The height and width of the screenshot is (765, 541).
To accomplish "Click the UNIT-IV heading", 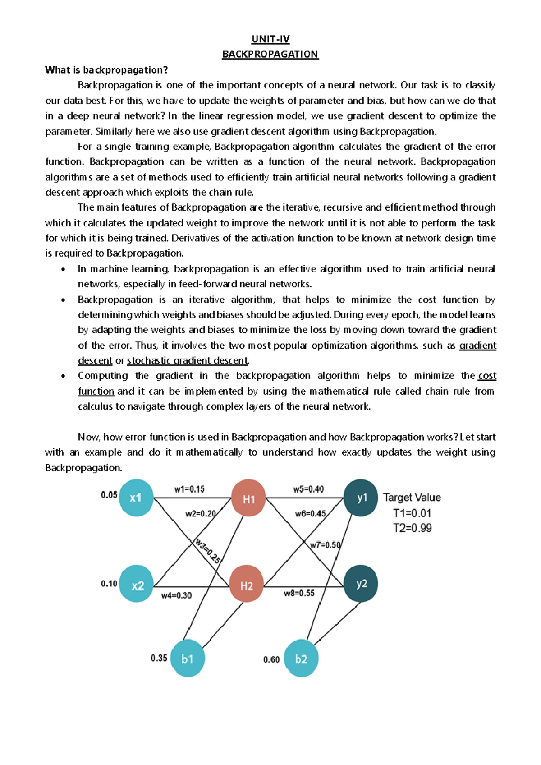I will pyautogui.click(x=270, y=39).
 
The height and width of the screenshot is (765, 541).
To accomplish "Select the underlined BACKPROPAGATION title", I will pyautogui.click(x=270, y=54).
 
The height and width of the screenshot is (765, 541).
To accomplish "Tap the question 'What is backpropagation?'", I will pyautogui.click(x=106, y=70).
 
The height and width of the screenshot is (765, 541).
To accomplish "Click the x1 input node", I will pyautogui.click(x=136, y=498).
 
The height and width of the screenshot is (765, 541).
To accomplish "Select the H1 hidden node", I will pyautogui.click(x=248, y=498).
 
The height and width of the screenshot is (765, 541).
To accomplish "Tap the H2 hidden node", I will pyautogui.click(x=247, y=585).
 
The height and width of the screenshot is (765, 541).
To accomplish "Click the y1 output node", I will pyautogui.click(x=361, y=498).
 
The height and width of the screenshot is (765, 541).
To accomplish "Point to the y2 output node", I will pyautogui.click(x=361, y=584).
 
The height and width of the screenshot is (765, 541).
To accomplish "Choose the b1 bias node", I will pyautogui.click(x=188, y=659).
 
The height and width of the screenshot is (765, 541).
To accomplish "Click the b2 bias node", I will pyautogui.click(x=301, y=659).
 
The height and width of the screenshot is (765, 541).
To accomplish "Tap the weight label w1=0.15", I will pyautogui.click(x=189, y=489).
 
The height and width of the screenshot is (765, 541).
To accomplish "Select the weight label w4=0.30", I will pyautogui.click(x=176, y=595).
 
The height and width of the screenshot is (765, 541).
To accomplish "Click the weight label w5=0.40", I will pyautogui.click(x=308, y=489).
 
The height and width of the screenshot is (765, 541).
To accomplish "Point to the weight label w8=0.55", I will pyautogui.click(x=299, y=593).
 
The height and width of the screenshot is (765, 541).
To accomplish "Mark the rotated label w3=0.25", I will pyautogui.click(x=207, y=550).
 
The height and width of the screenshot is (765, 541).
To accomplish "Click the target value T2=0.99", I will pyautogui.click(x=412, y=528).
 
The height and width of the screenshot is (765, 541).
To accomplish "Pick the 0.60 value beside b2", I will pyautogui.click(x=271, y=659).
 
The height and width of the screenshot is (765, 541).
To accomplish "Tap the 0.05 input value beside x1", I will pyautogui.click(x=109, y=495).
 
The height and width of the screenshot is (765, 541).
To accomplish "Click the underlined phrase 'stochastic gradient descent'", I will pyautogui.click(x=188, y=361).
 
